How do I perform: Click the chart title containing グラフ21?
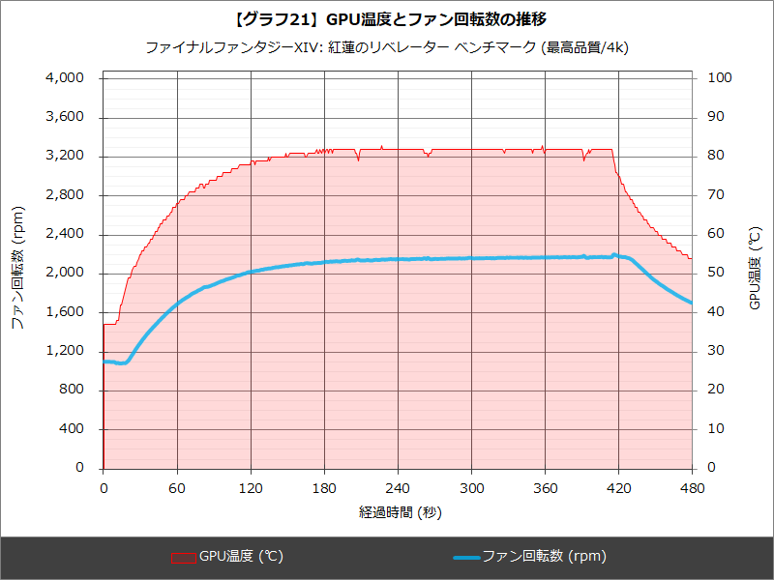387,18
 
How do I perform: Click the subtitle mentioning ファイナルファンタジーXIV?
387,46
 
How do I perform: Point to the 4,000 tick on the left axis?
66,78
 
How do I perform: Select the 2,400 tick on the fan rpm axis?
66,234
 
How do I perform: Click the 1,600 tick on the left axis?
66,312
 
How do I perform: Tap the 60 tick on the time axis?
177,487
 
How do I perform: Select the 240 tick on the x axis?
398,487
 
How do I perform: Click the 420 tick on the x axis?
618,487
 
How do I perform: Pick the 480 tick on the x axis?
691,487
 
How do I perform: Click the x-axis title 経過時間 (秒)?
400,511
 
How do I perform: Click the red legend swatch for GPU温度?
184,557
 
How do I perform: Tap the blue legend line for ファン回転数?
465,557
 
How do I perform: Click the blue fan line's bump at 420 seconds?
615,255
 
